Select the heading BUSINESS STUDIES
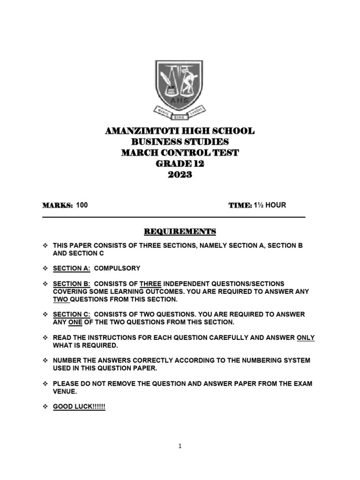(x=180, y=142)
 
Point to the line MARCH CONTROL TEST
(x=180, y=152)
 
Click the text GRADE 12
(x=180, y=164)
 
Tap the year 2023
(x=180, y=174)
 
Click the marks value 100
(x=82, y=205)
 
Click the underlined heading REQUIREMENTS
(x=180, y=231)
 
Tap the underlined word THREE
(x=150, y=284)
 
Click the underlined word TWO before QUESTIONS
(x=60, y=299)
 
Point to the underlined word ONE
(x=75, y=322)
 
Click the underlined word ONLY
(x=306, y=337)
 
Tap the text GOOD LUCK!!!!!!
(x=79, y=407)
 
